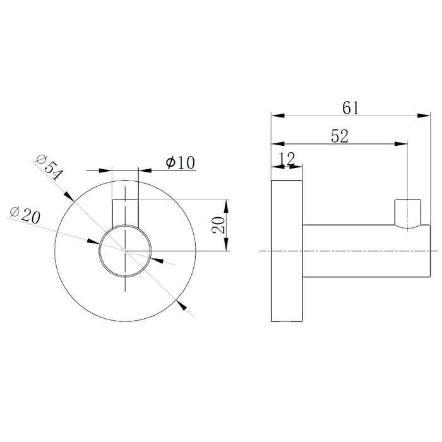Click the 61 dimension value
click(x=350, y=108)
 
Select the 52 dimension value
click(x=340, y=136)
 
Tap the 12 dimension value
click(x=287, y=159)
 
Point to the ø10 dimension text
click(x=181, y=162)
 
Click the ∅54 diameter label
click(x=49, y=167)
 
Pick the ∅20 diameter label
click(x=25, y=215)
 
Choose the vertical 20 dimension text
click(x=218, y=225)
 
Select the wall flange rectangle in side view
click(x=287, y=251)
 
